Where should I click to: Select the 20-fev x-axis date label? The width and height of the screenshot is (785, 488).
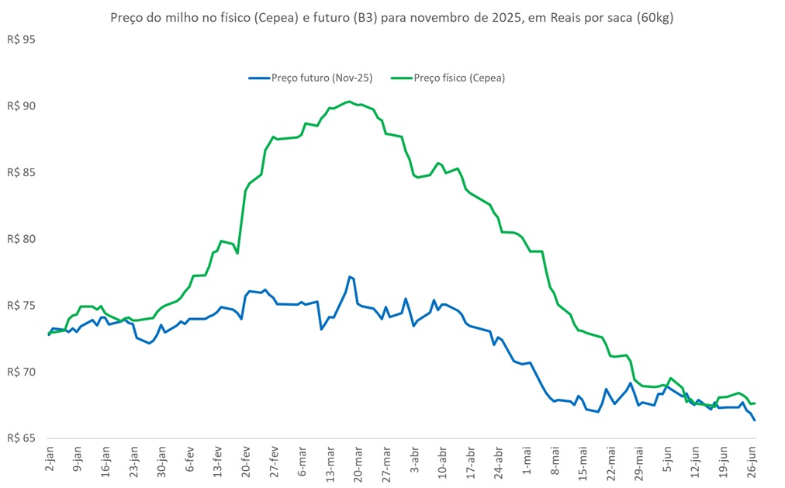coord(246,462)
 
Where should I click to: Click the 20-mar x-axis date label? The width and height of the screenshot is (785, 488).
coord(359,462)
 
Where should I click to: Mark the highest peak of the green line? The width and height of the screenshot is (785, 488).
coord(348,101)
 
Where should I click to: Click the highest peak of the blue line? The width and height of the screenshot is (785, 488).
coord(350,276)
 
